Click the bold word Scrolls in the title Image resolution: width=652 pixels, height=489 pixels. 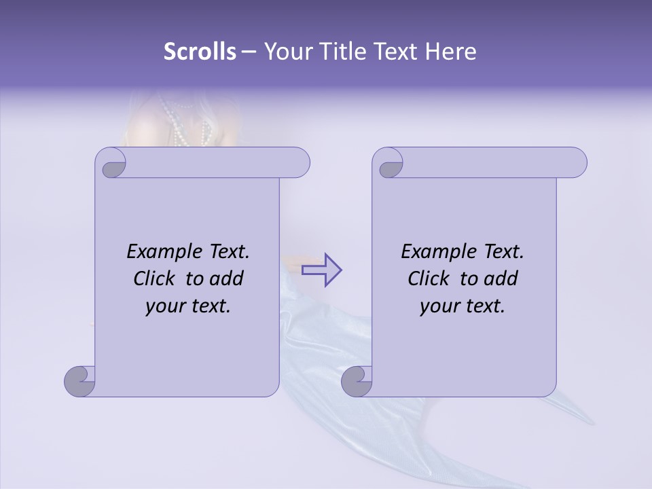[x=200, y=52]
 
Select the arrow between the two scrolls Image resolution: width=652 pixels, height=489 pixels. [x=321, y=270]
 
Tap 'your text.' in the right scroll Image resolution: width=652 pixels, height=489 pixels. [x=463, y=306]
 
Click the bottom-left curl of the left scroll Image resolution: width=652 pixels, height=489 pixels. [x=80, y=381]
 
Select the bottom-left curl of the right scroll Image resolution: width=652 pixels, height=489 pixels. [x=357, y=381]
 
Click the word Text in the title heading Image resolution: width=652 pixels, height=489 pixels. [x=399, y=52]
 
